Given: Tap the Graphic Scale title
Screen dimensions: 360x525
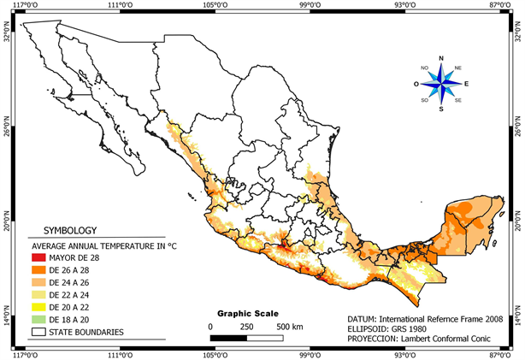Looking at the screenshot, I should click(248, 313).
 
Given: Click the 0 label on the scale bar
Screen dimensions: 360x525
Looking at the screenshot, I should click(210, 327).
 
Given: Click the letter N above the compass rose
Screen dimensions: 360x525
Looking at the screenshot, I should click(441, 58).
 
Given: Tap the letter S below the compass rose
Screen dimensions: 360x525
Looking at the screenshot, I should click(441, 109).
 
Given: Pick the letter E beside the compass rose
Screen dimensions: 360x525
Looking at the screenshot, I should click(467, 84).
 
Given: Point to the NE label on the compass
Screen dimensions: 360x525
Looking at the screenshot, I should click(458, 68).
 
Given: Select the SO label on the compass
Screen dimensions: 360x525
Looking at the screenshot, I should click(423, 100).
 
